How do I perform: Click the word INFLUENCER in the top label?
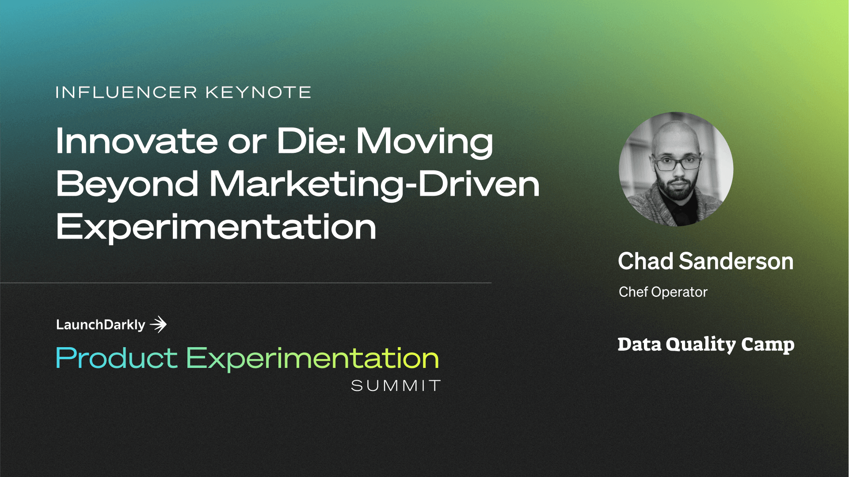(126, 92)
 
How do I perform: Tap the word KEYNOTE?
(258, 92)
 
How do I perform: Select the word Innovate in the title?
(137, 141)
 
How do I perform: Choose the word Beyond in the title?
(127, 185)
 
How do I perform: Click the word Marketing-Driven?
(374, 185)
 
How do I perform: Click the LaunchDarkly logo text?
(101, 325)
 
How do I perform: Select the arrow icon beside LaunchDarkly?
(158, 325)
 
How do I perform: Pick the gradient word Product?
(117, 358)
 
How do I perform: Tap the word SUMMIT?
(396, 386)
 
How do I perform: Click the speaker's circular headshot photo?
(676, 169)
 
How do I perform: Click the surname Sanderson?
(736, 261)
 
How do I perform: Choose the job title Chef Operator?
(663, 292)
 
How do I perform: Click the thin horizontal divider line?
(246, 283)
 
